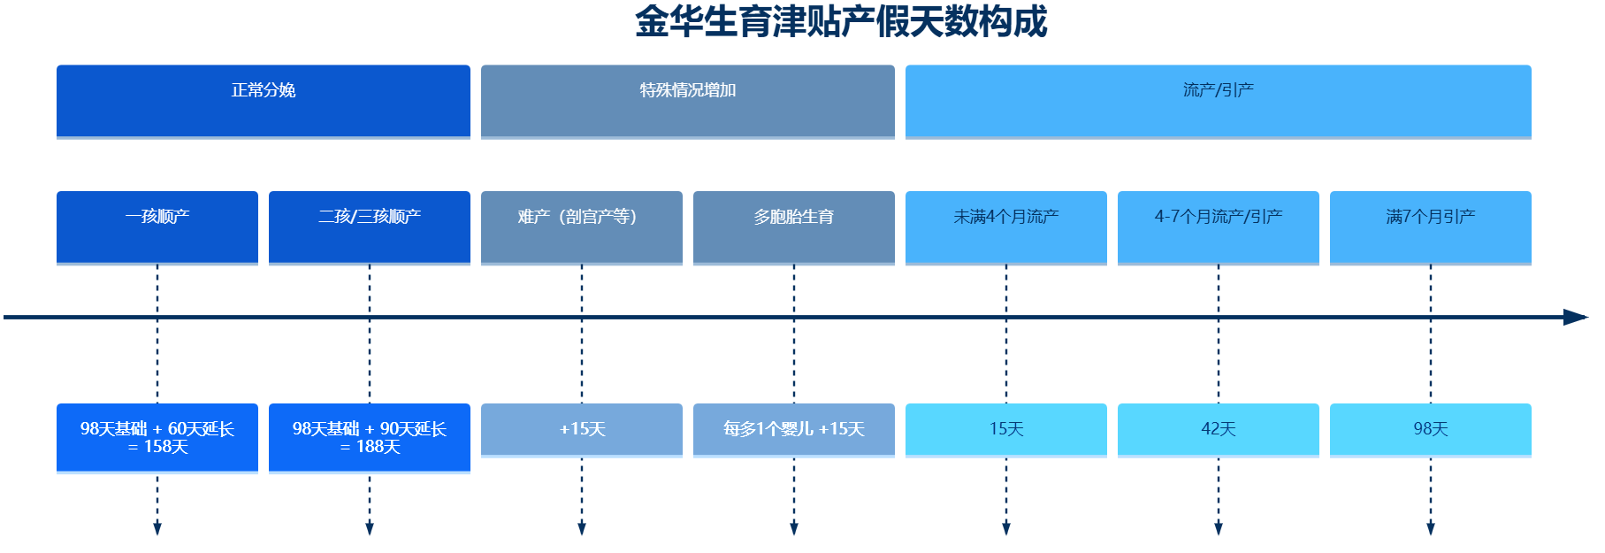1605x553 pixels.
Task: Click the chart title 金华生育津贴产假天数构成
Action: pyautogui.click(x=841, y=22)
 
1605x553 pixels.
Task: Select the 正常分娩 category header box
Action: pyautogui.click(x=264, y=102)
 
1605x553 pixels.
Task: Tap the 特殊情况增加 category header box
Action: pyautogui.click(x=688, y=102)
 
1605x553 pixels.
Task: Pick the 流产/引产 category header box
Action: pyautogui.click(x=1219, y=102)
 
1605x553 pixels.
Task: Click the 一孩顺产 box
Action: pyautogui.click(x=157, y=228)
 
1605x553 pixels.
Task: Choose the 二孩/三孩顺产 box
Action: pyautogui.click(x=370, y=228)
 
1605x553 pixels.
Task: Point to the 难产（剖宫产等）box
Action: pyautogui.click(x=582, y=228)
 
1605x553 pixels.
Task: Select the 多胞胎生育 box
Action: pyautogui.click(x=794, y=228)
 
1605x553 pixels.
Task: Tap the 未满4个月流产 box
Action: pyautogui.click(x=1006, y=228)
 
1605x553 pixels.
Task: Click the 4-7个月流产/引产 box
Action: pyautogui.click(x=1219, y=228)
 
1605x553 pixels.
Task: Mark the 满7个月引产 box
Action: pyautogui.click(x=1431, y=228)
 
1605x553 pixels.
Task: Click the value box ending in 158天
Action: pyautogui.click(x=157, y=439)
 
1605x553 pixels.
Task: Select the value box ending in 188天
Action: pyautogui.click(x=370, y=439)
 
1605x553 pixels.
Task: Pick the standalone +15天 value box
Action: pyautogui.click(x=582, y=430)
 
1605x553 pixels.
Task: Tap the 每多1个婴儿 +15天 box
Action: pyautogui.click(x=794, y=430)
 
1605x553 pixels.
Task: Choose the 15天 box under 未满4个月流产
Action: pyautogui.click(x=1006, y=430)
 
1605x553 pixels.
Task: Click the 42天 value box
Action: pyautogui.click(x=1219, y=430)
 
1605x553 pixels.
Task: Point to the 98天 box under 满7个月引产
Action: pyautogui.click(x=1431, y=430)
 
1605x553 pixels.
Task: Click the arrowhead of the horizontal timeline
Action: pyautogui.click(x=1577, y=317)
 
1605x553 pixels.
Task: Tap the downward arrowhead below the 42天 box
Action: pyautogui.click(x=1219, y=529)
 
